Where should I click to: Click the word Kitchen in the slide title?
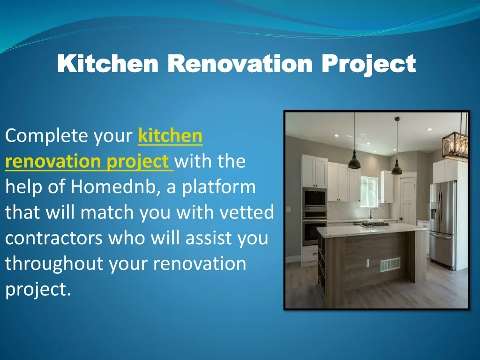(108, 63)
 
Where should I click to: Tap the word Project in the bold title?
(368, 64)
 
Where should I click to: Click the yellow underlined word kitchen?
(170, 135)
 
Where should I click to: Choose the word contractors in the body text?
(54, 238)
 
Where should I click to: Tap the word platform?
(219, 187)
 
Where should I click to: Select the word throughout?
(54, 263)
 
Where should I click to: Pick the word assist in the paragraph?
(208, 238)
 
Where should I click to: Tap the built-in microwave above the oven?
(315, 198)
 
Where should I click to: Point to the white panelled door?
(407, 201)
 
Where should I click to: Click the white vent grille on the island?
(390, 265)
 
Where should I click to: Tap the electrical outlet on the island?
(367, 263)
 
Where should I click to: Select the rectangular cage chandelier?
(456, 146)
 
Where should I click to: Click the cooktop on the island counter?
(375, 225)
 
